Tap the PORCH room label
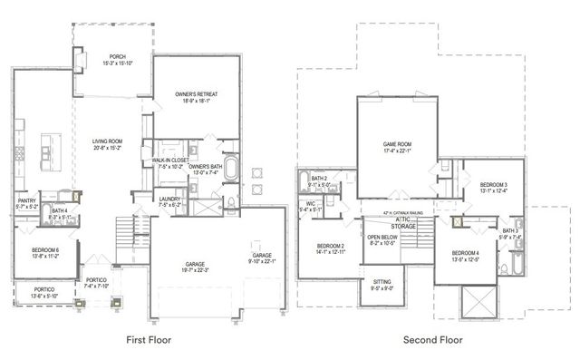point(118,55)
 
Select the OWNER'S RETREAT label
point(197,94)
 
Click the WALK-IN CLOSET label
point(170,160)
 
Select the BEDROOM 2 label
point(331,246)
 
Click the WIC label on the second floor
point(310,203)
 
